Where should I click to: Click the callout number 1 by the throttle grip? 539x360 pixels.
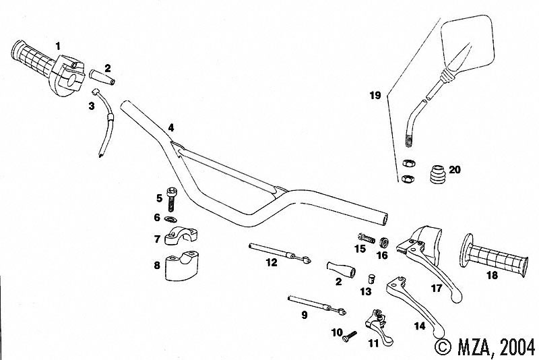tap(58, 45)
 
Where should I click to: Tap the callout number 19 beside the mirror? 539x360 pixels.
tap(375, 96)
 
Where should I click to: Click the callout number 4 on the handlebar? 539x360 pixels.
tap(171, 127)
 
